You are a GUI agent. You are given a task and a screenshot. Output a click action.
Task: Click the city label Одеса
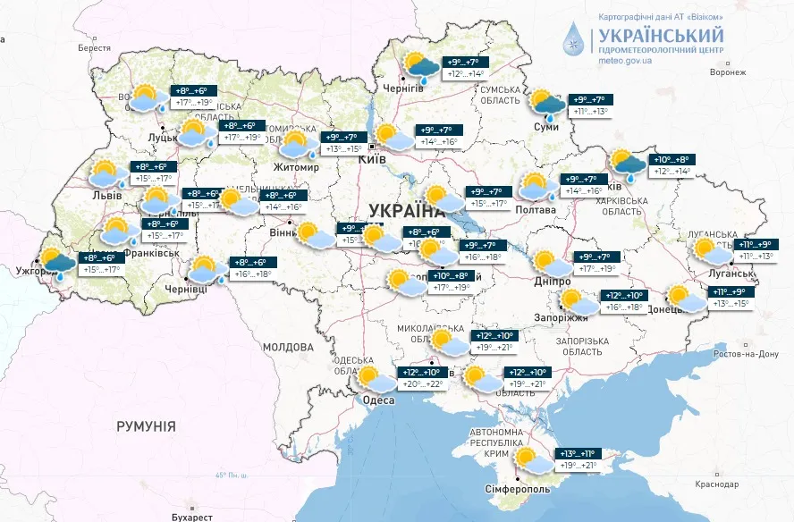click(378, 400)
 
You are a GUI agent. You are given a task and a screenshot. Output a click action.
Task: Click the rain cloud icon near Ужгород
click(58, 265)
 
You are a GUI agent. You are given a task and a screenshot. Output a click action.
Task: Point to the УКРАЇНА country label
click(406, 211)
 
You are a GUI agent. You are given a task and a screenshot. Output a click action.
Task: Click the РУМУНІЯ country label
click(146, 426)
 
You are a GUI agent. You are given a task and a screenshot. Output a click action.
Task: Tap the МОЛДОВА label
click(288, 346)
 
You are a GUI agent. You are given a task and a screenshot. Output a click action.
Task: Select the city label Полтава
click(535, 210)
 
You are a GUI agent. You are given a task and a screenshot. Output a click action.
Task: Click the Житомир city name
click(297, 167)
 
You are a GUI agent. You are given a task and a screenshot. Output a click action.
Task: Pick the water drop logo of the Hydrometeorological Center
click(576, 40)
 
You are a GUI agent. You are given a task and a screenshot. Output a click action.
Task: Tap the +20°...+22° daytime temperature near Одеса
click(421, 384)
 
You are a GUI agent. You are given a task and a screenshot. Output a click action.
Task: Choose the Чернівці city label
click(186, 290)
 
